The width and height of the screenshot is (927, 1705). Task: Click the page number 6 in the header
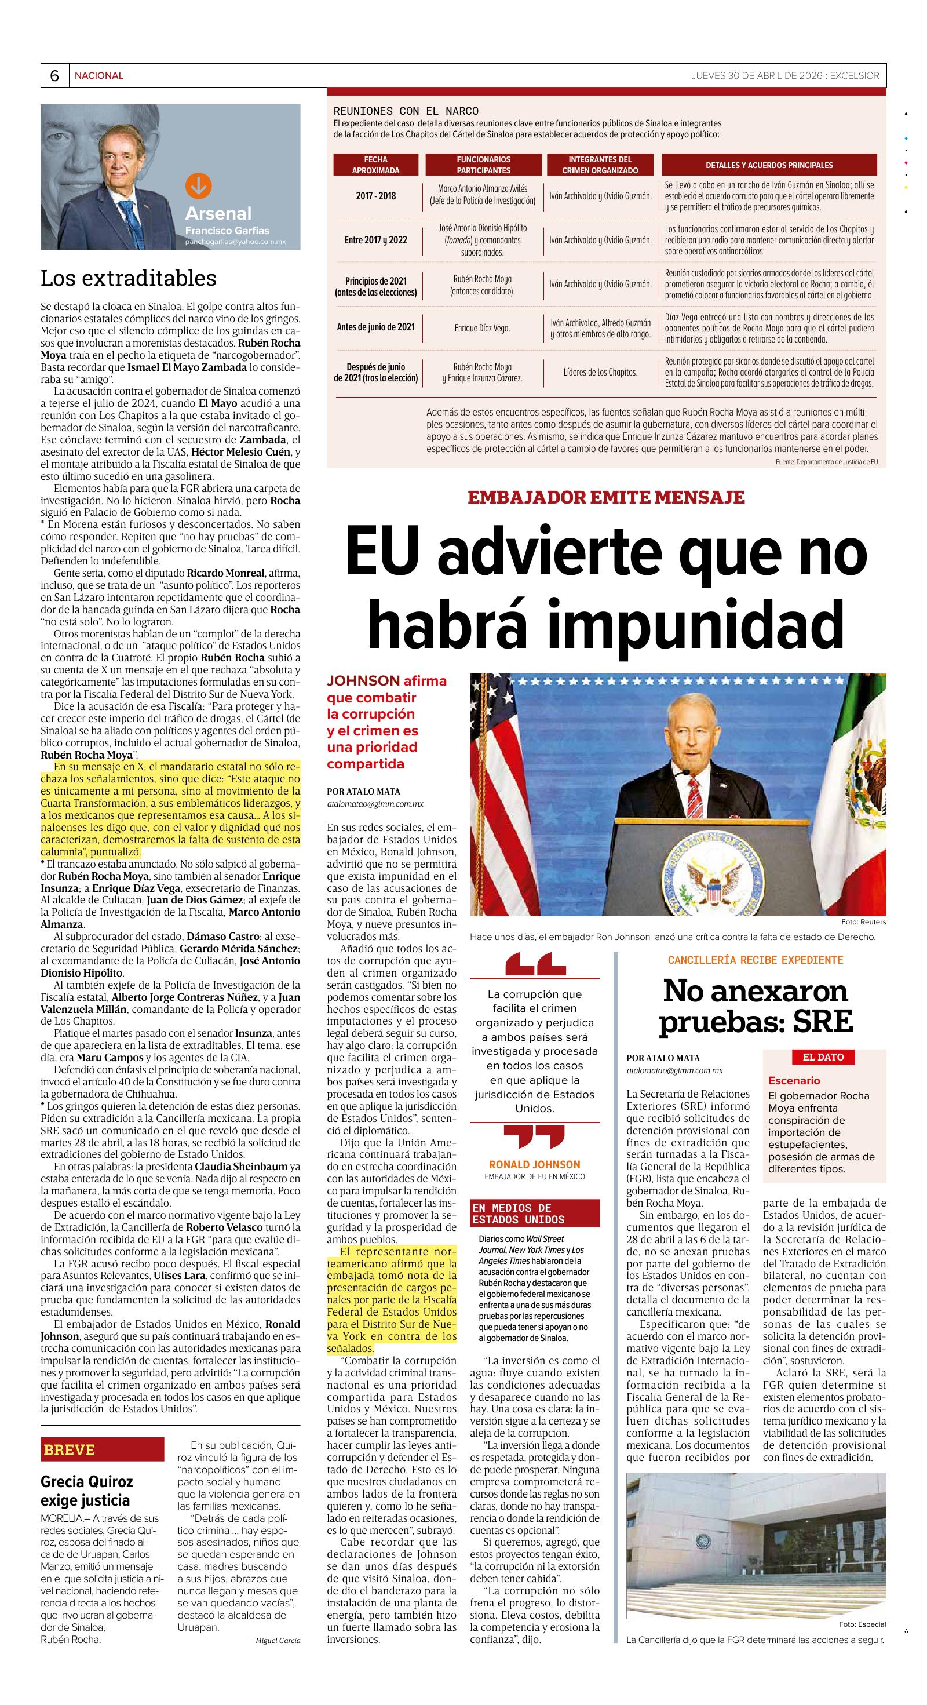[x=54, y=76]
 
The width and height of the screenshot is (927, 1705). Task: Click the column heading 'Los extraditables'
[x=129, y=278]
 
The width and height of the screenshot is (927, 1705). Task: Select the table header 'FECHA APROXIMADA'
[x=376, y=165]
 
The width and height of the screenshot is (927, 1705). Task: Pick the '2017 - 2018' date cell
[x=376, y=196]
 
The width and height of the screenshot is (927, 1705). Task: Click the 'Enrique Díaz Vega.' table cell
[x=483, y=328]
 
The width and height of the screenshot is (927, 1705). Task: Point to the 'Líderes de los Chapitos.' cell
[x=600, y=373]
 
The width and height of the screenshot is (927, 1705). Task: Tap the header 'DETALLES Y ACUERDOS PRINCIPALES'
[x=769, y=165]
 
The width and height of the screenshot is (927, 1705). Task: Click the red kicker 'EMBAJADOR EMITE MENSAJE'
[x=606, y=497]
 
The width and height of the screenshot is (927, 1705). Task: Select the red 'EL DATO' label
[x=823, y=1057]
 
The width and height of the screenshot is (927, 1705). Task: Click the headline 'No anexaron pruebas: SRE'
[x=755, y=1006]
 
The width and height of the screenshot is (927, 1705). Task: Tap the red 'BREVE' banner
[x=102, y=1449]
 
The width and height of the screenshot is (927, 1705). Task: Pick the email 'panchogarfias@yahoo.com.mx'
[x=236, y=242]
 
